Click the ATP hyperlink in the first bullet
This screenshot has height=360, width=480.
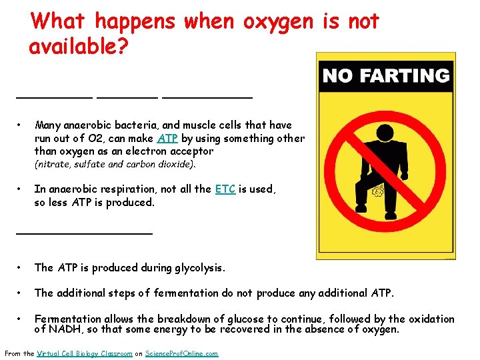coord(166,139)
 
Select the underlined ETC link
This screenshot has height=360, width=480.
coord(225,189)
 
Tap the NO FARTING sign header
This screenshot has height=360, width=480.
coord(385,76)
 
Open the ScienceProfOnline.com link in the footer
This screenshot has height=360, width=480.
coord(181,353)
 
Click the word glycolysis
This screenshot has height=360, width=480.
coord(198,268)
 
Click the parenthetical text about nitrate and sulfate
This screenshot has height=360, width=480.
coord(115,164)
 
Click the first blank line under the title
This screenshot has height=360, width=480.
coord(54,97)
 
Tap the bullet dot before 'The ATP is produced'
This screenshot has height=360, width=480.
coord(21,267)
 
